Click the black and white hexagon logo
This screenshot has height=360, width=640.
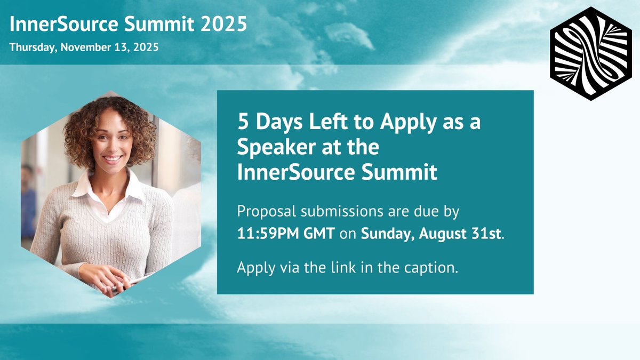[591, 54]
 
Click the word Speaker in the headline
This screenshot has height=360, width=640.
[277, 147]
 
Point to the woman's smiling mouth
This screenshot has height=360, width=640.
[112, 158]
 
